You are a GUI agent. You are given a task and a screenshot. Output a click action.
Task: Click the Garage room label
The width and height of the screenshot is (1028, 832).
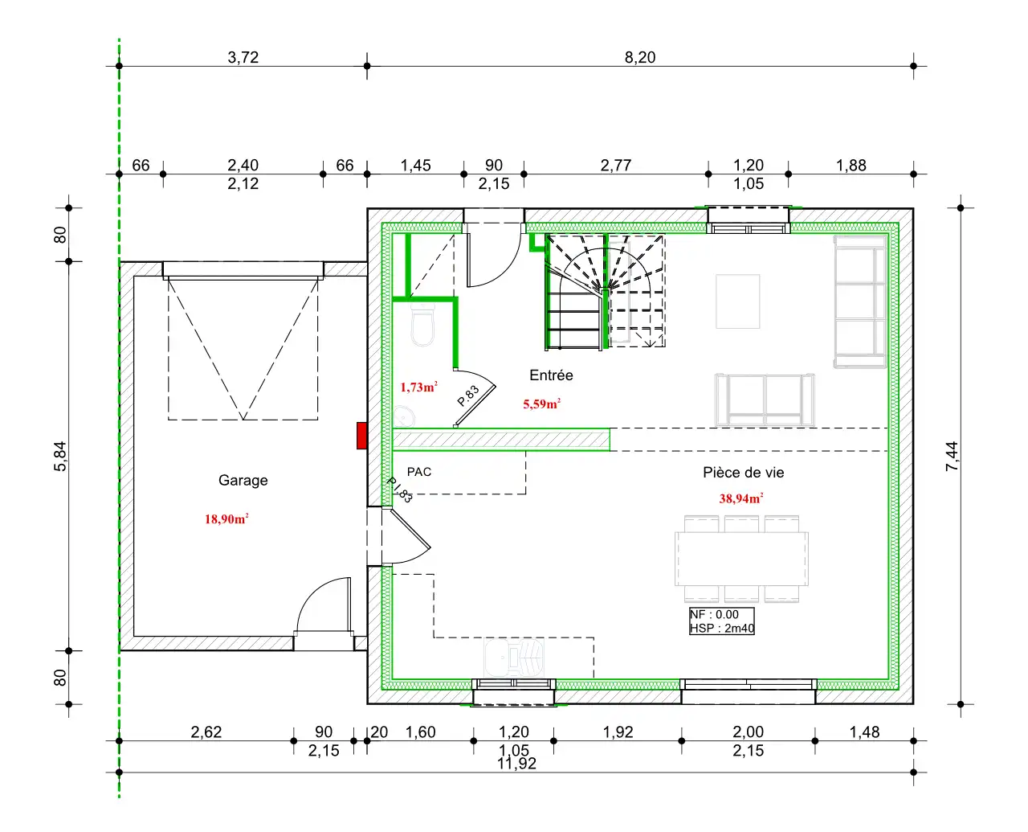(x=243, y=480)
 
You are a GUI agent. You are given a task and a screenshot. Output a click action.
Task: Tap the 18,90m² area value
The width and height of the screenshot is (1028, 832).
(x=226, y=519)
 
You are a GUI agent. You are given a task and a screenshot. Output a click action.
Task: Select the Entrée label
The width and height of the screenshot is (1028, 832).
(x=551, y=375)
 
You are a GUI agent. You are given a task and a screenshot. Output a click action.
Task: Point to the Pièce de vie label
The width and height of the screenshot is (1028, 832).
(x=743, y=473)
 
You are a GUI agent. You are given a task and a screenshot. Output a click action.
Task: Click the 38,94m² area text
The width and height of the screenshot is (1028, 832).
(x=740, y=498)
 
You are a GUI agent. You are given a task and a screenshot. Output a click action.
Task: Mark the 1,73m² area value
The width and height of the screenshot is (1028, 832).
(x=419, y=387)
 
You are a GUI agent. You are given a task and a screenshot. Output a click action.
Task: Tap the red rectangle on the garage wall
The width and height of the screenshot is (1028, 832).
(x=361, y=436)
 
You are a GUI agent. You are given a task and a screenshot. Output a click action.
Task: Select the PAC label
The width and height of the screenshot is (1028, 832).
(x=419, y=472)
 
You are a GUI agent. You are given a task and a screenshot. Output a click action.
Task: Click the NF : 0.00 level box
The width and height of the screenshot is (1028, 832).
(x=721, y=621)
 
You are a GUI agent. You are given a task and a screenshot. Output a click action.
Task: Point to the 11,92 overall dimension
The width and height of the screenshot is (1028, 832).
(x=516, y=764)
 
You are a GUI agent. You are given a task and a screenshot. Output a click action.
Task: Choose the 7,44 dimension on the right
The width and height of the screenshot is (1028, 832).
(x=952, y=456)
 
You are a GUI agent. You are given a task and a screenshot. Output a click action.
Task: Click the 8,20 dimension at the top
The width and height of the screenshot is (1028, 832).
(x=640, y=58)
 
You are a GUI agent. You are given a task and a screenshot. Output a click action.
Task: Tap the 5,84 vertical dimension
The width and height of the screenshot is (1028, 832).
(x=60, y=456)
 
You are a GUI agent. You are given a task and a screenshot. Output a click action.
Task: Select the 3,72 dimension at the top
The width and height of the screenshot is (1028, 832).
(x=243, y=58)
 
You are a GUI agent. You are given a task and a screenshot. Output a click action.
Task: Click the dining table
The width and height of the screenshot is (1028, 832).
(x=741, y=559)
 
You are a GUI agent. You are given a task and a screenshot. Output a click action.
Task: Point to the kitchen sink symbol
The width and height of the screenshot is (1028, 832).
(x=513, y=657)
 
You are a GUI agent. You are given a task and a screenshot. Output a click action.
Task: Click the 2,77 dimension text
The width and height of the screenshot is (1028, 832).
(x=615, y=166)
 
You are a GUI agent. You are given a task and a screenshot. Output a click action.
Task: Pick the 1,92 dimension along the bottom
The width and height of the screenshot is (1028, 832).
(x=618, y=732)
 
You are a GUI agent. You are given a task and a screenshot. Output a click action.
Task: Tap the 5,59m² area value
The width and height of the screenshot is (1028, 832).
(x=541, y=404)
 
